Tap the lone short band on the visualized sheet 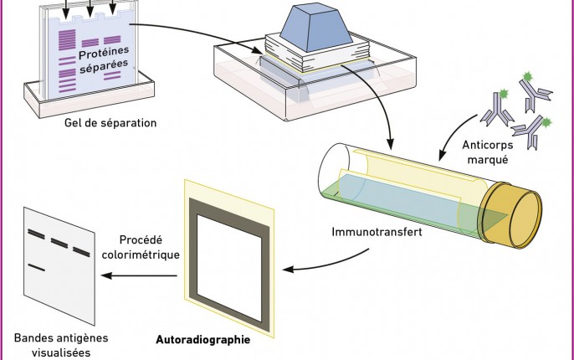[x=36, y=267]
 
